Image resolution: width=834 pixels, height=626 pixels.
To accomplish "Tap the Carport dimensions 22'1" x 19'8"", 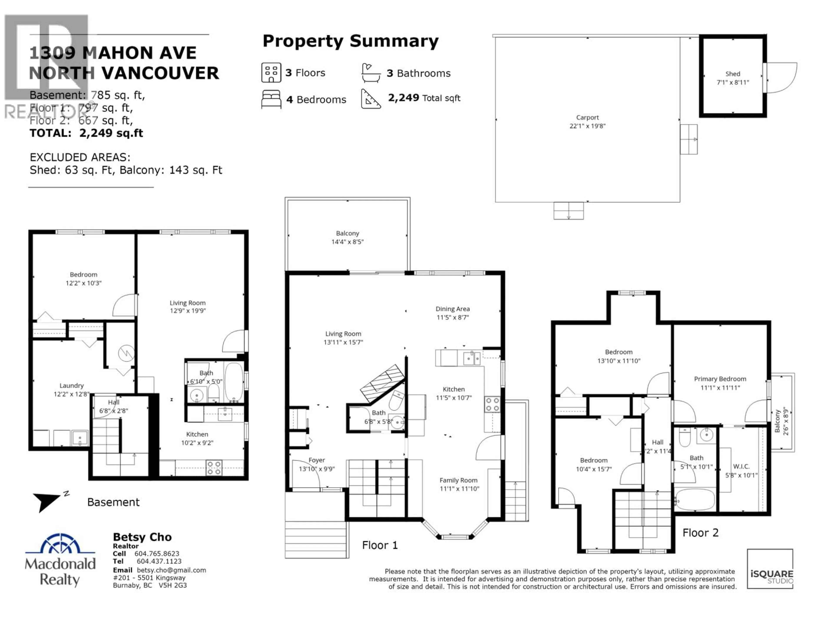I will (x=587, y=126).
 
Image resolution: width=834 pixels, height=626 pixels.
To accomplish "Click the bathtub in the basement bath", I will (x=234, y=382).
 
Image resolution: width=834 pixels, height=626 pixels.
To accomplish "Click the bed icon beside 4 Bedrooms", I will (x=271, y=99).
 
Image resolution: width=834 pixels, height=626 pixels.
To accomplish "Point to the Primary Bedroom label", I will (x=720, y=379).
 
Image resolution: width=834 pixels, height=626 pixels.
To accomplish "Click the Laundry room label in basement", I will (x=71, y=386).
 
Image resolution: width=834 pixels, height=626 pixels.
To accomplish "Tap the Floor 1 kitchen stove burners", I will (x=492, y=404).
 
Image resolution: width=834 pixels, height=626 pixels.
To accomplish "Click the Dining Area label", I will (x=452, y=309).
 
